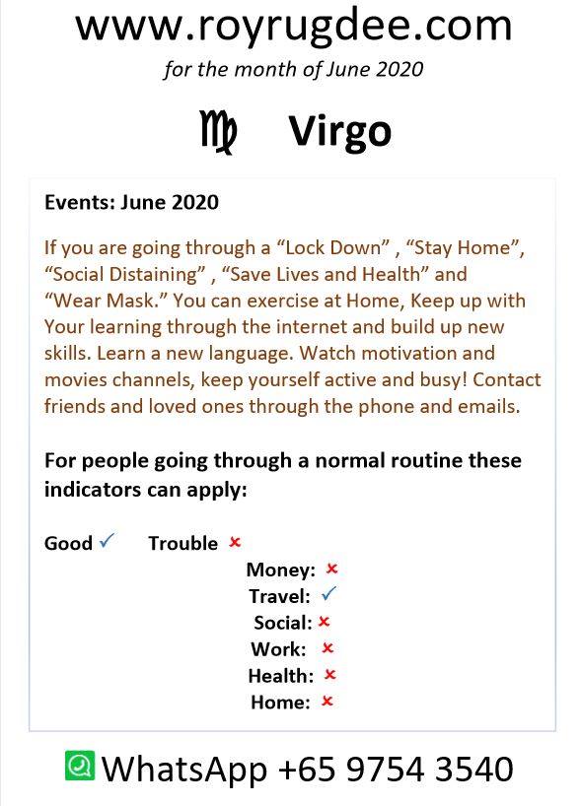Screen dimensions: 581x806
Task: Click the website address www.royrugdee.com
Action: pyautogui.click(x=294, y=26)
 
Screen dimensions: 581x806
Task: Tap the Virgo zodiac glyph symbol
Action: pyautogui.click(x=218, y=132)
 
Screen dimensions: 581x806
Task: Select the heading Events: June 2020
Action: pyautogui.click(x=132, y=202)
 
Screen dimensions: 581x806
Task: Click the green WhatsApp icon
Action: pyautogui.click(x=80, y=765)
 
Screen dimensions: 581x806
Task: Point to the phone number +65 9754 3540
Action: pyautogui.click(x=396, y=769)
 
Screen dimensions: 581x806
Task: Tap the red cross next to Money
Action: pyautogui.click(x=331, y=569)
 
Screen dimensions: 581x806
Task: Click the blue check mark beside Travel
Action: pyautogui.click(x=328, y=594)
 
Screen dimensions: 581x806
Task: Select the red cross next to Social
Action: pyautogui.click(x=324, y=622)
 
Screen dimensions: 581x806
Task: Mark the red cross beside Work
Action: pyautogui.click(x=327, y=648)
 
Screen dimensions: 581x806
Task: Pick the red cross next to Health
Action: pyautogui.click(x=329, y=674)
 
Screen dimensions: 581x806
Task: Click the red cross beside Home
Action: pyautogui.click(x=327, y=701)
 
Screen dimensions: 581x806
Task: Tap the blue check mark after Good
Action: pyautogui.click(x=107, y=540)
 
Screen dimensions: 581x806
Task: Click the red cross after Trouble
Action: pyautogui.click(x=235, y=542)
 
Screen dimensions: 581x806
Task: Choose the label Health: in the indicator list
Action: pyautogui.click(x=281, y=675)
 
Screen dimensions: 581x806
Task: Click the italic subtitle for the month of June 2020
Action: pyautogui.click(x=294, y=69)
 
